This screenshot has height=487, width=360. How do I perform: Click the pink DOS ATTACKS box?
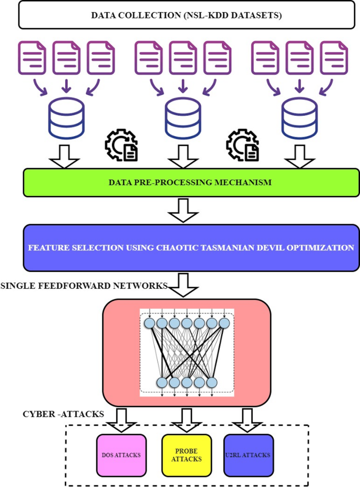(120, 454)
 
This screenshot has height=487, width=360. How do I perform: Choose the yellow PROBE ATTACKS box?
(186, 454)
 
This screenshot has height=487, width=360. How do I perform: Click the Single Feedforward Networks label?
(84, 286)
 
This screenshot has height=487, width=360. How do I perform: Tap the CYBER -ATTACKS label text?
(63, 414)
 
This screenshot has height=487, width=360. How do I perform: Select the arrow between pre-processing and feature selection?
(182, 210)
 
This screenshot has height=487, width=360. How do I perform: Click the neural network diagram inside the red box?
(187, 352)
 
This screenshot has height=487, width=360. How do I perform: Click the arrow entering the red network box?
(182, 284)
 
